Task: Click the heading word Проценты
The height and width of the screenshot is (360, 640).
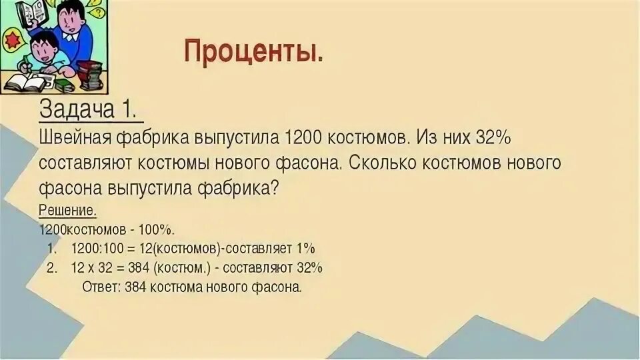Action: tap(253, 51)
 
